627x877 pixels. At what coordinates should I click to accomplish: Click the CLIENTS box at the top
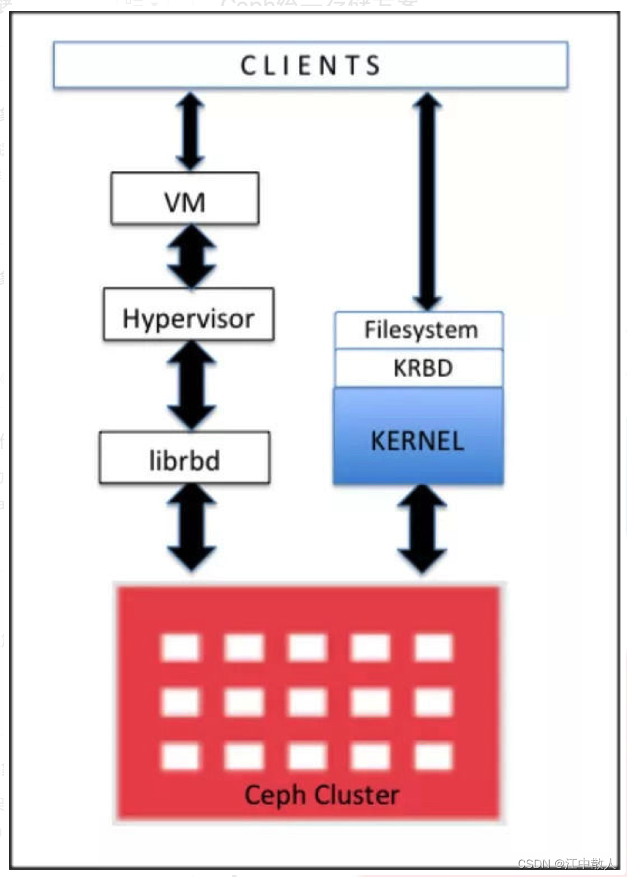[310, 65]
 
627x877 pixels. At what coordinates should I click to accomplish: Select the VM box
[185, 199]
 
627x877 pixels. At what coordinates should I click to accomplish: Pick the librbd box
[185, 458]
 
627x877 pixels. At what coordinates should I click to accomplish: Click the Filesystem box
[419, 330]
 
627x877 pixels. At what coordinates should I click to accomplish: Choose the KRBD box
[419, 368]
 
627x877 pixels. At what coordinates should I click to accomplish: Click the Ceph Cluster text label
[321, 795]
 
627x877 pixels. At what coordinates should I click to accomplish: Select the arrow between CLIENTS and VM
[190, 131]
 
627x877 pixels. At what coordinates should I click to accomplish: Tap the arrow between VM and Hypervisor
[191, 257]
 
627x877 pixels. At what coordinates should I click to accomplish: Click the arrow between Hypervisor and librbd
[191, 385]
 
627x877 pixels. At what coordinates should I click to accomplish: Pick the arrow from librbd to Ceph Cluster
[191, 528]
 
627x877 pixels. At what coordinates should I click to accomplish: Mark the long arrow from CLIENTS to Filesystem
[428, 200]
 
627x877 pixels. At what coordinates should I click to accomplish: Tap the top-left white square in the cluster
[180, 648]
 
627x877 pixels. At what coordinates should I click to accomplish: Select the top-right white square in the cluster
[433, 648]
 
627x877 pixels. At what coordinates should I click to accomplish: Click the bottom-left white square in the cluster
[180, 757]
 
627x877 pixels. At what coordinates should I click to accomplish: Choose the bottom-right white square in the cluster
[433, 757]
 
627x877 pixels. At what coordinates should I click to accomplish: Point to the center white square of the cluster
[307, 702]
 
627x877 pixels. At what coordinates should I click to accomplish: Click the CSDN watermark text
[566, 864]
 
